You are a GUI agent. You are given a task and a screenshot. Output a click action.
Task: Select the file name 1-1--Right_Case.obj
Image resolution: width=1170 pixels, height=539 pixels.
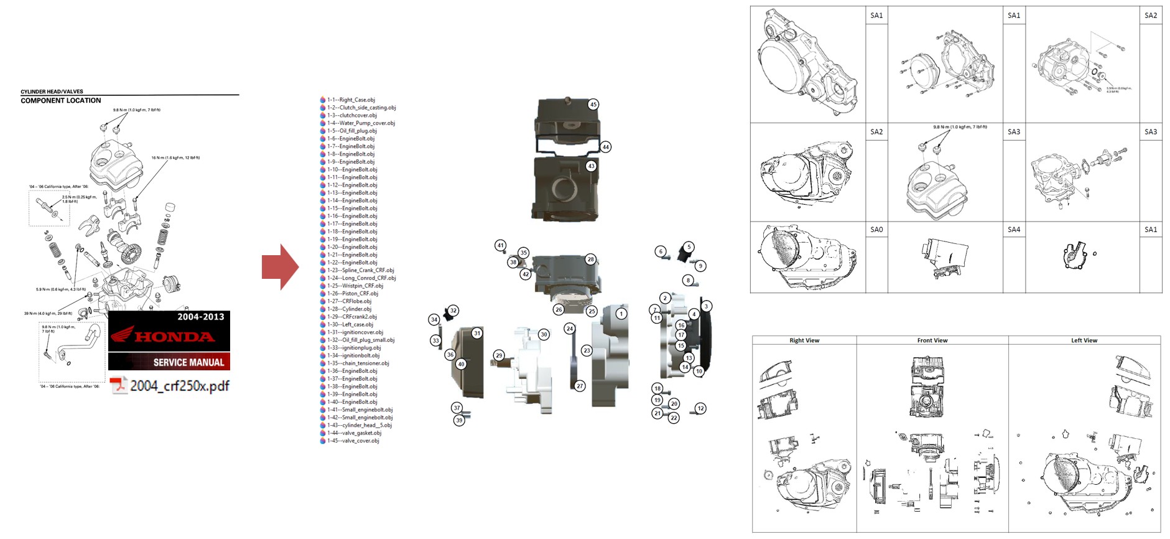[x=351, y=100]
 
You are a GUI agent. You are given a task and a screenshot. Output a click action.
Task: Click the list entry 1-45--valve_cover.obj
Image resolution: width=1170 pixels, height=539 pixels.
[x=353, y=441]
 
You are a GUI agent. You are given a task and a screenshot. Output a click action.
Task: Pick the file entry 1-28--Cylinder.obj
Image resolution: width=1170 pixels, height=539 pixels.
[x=349, y=309]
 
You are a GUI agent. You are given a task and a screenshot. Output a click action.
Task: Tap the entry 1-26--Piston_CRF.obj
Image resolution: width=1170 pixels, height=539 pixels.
[x=352, y=293]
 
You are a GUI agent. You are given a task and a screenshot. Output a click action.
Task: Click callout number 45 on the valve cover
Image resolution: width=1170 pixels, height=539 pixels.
[x=593, y=105]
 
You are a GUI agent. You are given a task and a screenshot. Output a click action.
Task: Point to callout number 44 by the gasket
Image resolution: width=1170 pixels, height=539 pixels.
[x=605, y=147]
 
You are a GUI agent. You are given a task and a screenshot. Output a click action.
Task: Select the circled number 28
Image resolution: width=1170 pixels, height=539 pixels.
[x=590, y=259]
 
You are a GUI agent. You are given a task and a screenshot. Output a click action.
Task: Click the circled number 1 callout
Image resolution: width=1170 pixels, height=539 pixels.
[x=621, y=314]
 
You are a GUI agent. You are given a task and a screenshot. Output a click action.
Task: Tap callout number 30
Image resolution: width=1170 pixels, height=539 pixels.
[x=544, y=334]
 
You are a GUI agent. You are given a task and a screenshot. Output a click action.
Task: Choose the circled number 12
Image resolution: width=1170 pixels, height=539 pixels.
[x=700, y=408]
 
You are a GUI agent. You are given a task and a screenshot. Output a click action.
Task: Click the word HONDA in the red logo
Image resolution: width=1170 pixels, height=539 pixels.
[x=174, y=337]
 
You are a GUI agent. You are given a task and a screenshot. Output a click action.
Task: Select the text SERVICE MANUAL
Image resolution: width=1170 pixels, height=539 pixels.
[x=188, y=362]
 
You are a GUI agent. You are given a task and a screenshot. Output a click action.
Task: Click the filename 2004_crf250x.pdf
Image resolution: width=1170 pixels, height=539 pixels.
[x=179, y=386]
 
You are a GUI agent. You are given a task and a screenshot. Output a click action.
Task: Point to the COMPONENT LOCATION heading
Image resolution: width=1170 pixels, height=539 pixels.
[x=61, y=100]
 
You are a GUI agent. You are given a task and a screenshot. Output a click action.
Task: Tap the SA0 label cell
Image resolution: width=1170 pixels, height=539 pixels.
[x=876, y=230]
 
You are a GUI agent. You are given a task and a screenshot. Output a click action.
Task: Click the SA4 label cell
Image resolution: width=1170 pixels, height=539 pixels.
[x=1014, y=230]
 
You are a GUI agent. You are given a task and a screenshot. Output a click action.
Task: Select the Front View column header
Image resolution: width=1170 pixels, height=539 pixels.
[x=932, y=340]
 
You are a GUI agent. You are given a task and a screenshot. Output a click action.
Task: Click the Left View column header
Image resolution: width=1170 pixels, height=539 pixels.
[x=1084, y=340]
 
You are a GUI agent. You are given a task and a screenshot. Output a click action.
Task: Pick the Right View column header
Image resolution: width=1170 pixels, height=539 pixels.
[x=804, y=340]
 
